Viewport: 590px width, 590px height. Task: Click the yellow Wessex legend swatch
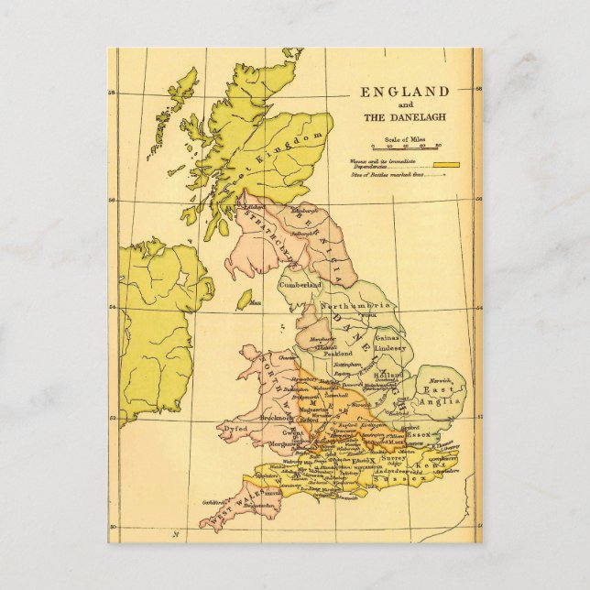pyautogui.click(x=445, y=165)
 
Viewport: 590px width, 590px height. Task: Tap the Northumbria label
pyautogui.click(x=358, y=305)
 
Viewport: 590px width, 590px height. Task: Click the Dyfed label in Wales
pyautogui.click(x=233, y=427)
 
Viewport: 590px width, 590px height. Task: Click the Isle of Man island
pyautogui.click(x=244, y=300)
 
